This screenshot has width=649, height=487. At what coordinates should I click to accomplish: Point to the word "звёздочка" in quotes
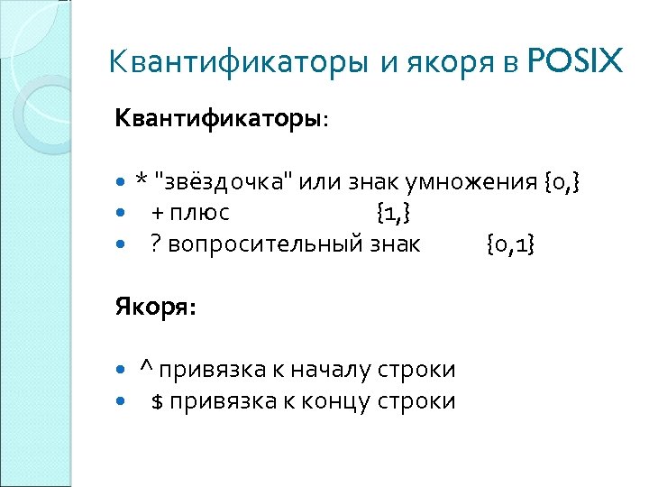(223, 182)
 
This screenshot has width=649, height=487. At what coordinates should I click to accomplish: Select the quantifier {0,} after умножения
(562, 183)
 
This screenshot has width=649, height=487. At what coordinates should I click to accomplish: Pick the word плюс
(202, 214)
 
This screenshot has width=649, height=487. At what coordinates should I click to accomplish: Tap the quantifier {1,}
(394, 214)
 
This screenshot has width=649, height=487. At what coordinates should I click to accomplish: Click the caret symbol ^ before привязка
(145, 369)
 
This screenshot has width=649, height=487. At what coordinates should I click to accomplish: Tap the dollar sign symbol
(156, 400)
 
